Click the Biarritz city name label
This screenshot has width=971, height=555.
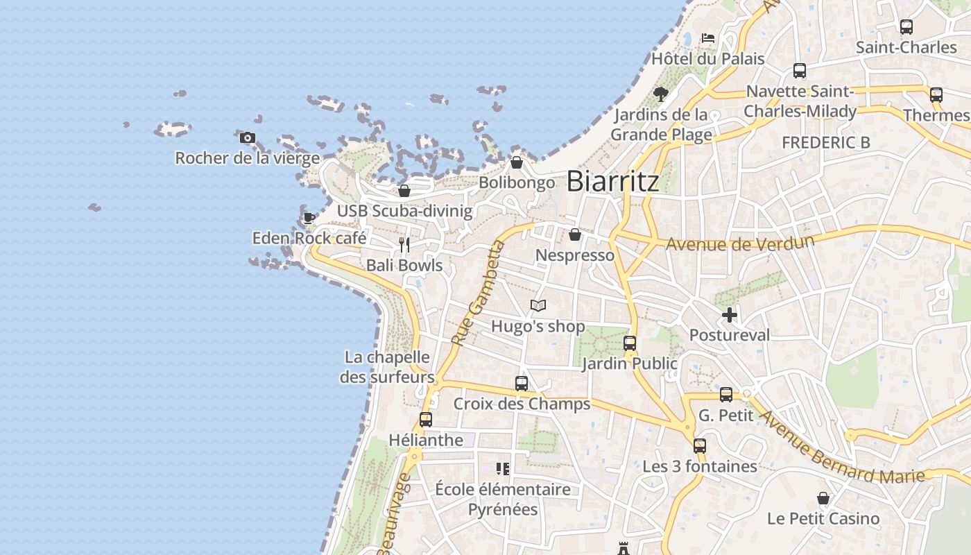click(612, 182)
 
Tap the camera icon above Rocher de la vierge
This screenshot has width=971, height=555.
click(248, 137)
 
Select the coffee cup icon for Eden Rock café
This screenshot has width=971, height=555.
click(309, 218)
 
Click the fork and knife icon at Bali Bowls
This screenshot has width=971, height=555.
click(404, 244)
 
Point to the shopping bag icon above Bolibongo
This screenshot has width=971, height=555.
click(517, 162)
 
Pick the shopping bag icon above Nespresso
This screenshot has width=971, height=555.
click(575, 234)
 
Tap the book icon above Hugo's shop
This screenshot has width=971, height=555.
click(538, 305)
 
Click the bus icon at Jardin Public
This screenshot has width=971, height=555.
click(630, 343)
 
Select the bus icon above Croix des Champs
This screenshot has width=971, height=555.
click(522, 383)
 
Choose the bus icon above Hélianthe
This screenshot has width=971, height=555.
click(426, 419)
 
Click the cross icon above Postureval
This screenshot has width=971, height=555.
click(729, 315)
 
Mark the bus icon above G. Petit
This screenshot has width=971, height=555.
click(726, 394)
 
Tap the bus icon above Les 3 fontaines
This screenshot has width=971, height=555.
click(700, 445)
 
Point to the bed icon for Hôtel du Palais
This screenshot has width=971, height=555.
click(708, 37)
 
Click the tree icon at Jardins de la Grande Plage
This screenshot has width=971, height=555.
click(661, 94)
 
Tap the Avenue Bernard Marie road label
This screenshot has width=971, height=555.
click(842, 447)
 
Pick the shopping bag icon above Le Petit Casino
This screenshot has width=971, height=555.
click(823, 498)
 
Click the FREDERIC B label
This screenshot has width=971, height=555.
click(825, 142)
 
